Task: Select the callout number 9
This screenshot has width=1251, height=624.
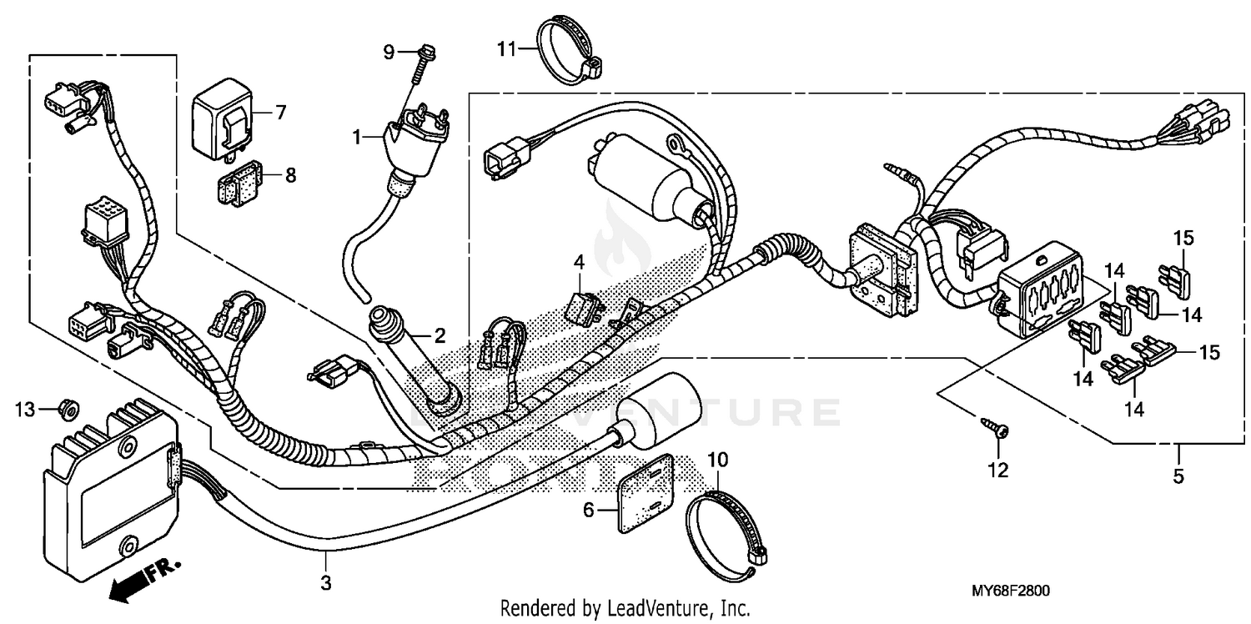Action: [x=389, y=52]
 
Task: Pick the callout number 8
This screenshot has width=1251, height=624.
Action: [x=290, y=175]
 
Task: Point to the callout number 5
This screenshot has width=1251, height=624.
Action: [x=1178, y=477]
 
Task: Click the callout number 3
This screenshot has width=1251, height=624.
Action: [x=326, y=583]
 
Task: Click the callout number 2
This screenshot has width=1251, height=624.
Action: [x=439, y=336]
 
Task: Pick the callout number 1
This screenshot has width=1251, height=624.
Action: [x=357, y=137]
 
